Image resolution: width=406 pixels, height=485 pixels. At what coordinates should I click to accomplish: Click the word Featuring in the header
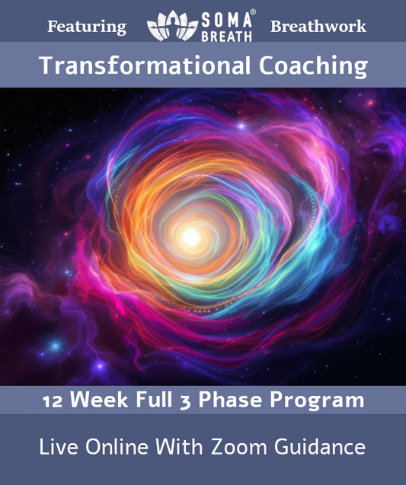tap(87, 27)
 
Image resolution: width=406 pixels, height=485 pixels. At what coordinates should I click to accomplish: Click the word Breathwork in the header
tap(318, 27)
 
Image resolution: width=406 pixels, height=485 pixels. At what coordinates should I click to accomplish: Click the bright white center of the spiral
tap(190, 237)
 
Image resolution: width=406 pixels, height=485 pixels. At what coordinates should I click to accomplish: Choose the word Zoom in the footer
tap(246, 447)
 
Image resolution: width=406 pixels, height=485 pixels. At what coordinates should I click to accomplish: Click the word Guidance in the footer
tap(324, 447)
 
